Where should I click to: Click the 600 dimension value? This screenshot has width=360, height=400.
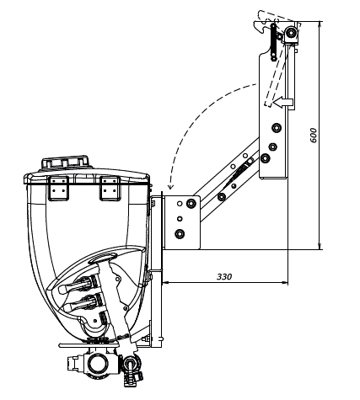click(x=314, y=136)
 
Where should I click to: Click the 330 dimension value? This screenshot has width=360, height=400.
click(x=224, y=277)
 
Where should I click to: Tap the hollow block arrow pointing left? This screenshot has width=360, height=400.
click(x=283, y=103)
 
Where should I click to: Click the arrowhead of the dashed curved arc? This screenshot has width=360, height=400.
click(x=170, y=186)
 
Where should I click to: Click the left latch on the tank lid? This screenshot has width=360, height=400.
click(x=58, y=189)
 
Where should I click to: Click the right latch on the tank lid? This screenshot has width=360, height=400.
click(x=110, y=189)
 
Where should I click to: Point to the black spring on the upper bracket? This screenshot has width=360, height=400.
click(x=273, y=42)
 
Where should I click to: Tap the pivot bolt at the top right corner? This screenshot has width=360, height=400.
click(x=291, y=33)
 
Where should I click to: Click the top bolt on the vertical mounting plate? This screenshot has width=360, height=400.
click(x=277, y=128)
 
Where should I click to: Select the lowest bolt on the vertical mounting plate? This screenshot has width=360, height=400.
click(x=265, y=158)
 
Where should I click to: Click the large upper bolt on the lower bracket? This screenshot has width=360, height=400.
click(x=191, y=203)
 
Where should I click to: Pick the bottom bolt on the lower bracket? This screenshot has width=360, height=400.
click(x=180, y=233)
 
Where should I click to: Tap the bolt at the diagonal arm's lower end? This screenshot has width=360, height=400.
click(x=222, y=197)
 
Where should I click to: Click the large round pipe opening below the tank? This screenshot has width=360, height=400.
click(x=98, y=364)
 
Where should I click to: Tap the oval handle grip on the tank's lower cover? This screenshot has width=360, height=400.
click(x=103, y=258)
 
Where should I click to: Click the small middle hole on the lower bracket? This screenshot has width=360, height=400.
click(x=180, y=219)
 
